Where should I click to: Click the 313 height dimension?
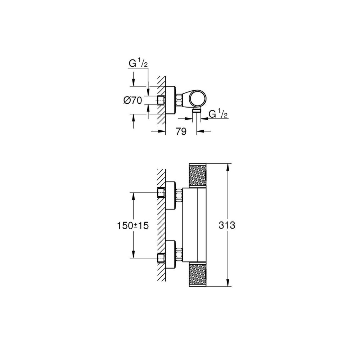[x=227, y=225]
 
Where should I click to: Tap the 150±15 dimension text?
[x=133, y=226]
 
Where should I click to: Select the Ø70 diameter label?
[x=133, y=100]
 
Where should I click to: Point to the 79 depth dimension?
[x=181, y=131]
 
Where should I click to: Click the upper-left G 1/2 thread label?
[x=138, y=64]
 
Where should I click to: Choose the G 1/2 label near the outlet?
[x=218, y=114]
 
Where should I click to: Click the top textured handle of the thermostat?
[x=198, y=175]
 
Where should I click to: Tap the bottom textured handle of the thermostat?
[x=198, y=275]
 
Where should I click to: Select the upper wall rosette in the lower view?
[x=171, y=195]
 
